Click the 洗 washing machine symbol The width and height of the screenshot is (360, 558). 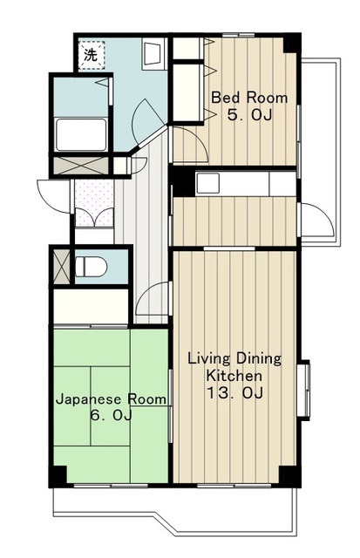click(92, 55)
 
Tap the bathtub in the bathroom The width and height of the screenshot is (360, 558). click(81, 134)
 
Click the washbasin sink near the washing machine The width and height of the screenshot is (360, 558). click(153, 54)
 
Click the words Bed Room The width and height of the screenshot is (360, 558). click(249, 98)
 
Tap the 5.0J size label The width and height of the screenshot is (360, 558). click(249, 115)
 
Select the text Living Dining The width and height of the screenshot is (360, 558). click(234, 358)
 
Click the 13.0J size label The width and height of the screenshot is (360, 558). click(235, 393)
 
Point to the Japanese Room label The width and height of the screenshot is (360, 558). click(111, 399)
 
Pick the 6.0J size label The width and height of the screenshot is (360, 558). click(111, 415)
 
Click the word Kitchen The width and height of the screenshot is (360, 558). click(234, 376)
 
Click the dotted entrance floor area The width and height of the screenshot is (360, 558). click(94, 203)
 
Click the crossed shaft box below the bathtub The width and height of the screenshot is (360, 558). click(81, 166)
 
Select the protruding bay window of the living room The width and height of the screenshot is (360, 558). click(304, 391)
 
